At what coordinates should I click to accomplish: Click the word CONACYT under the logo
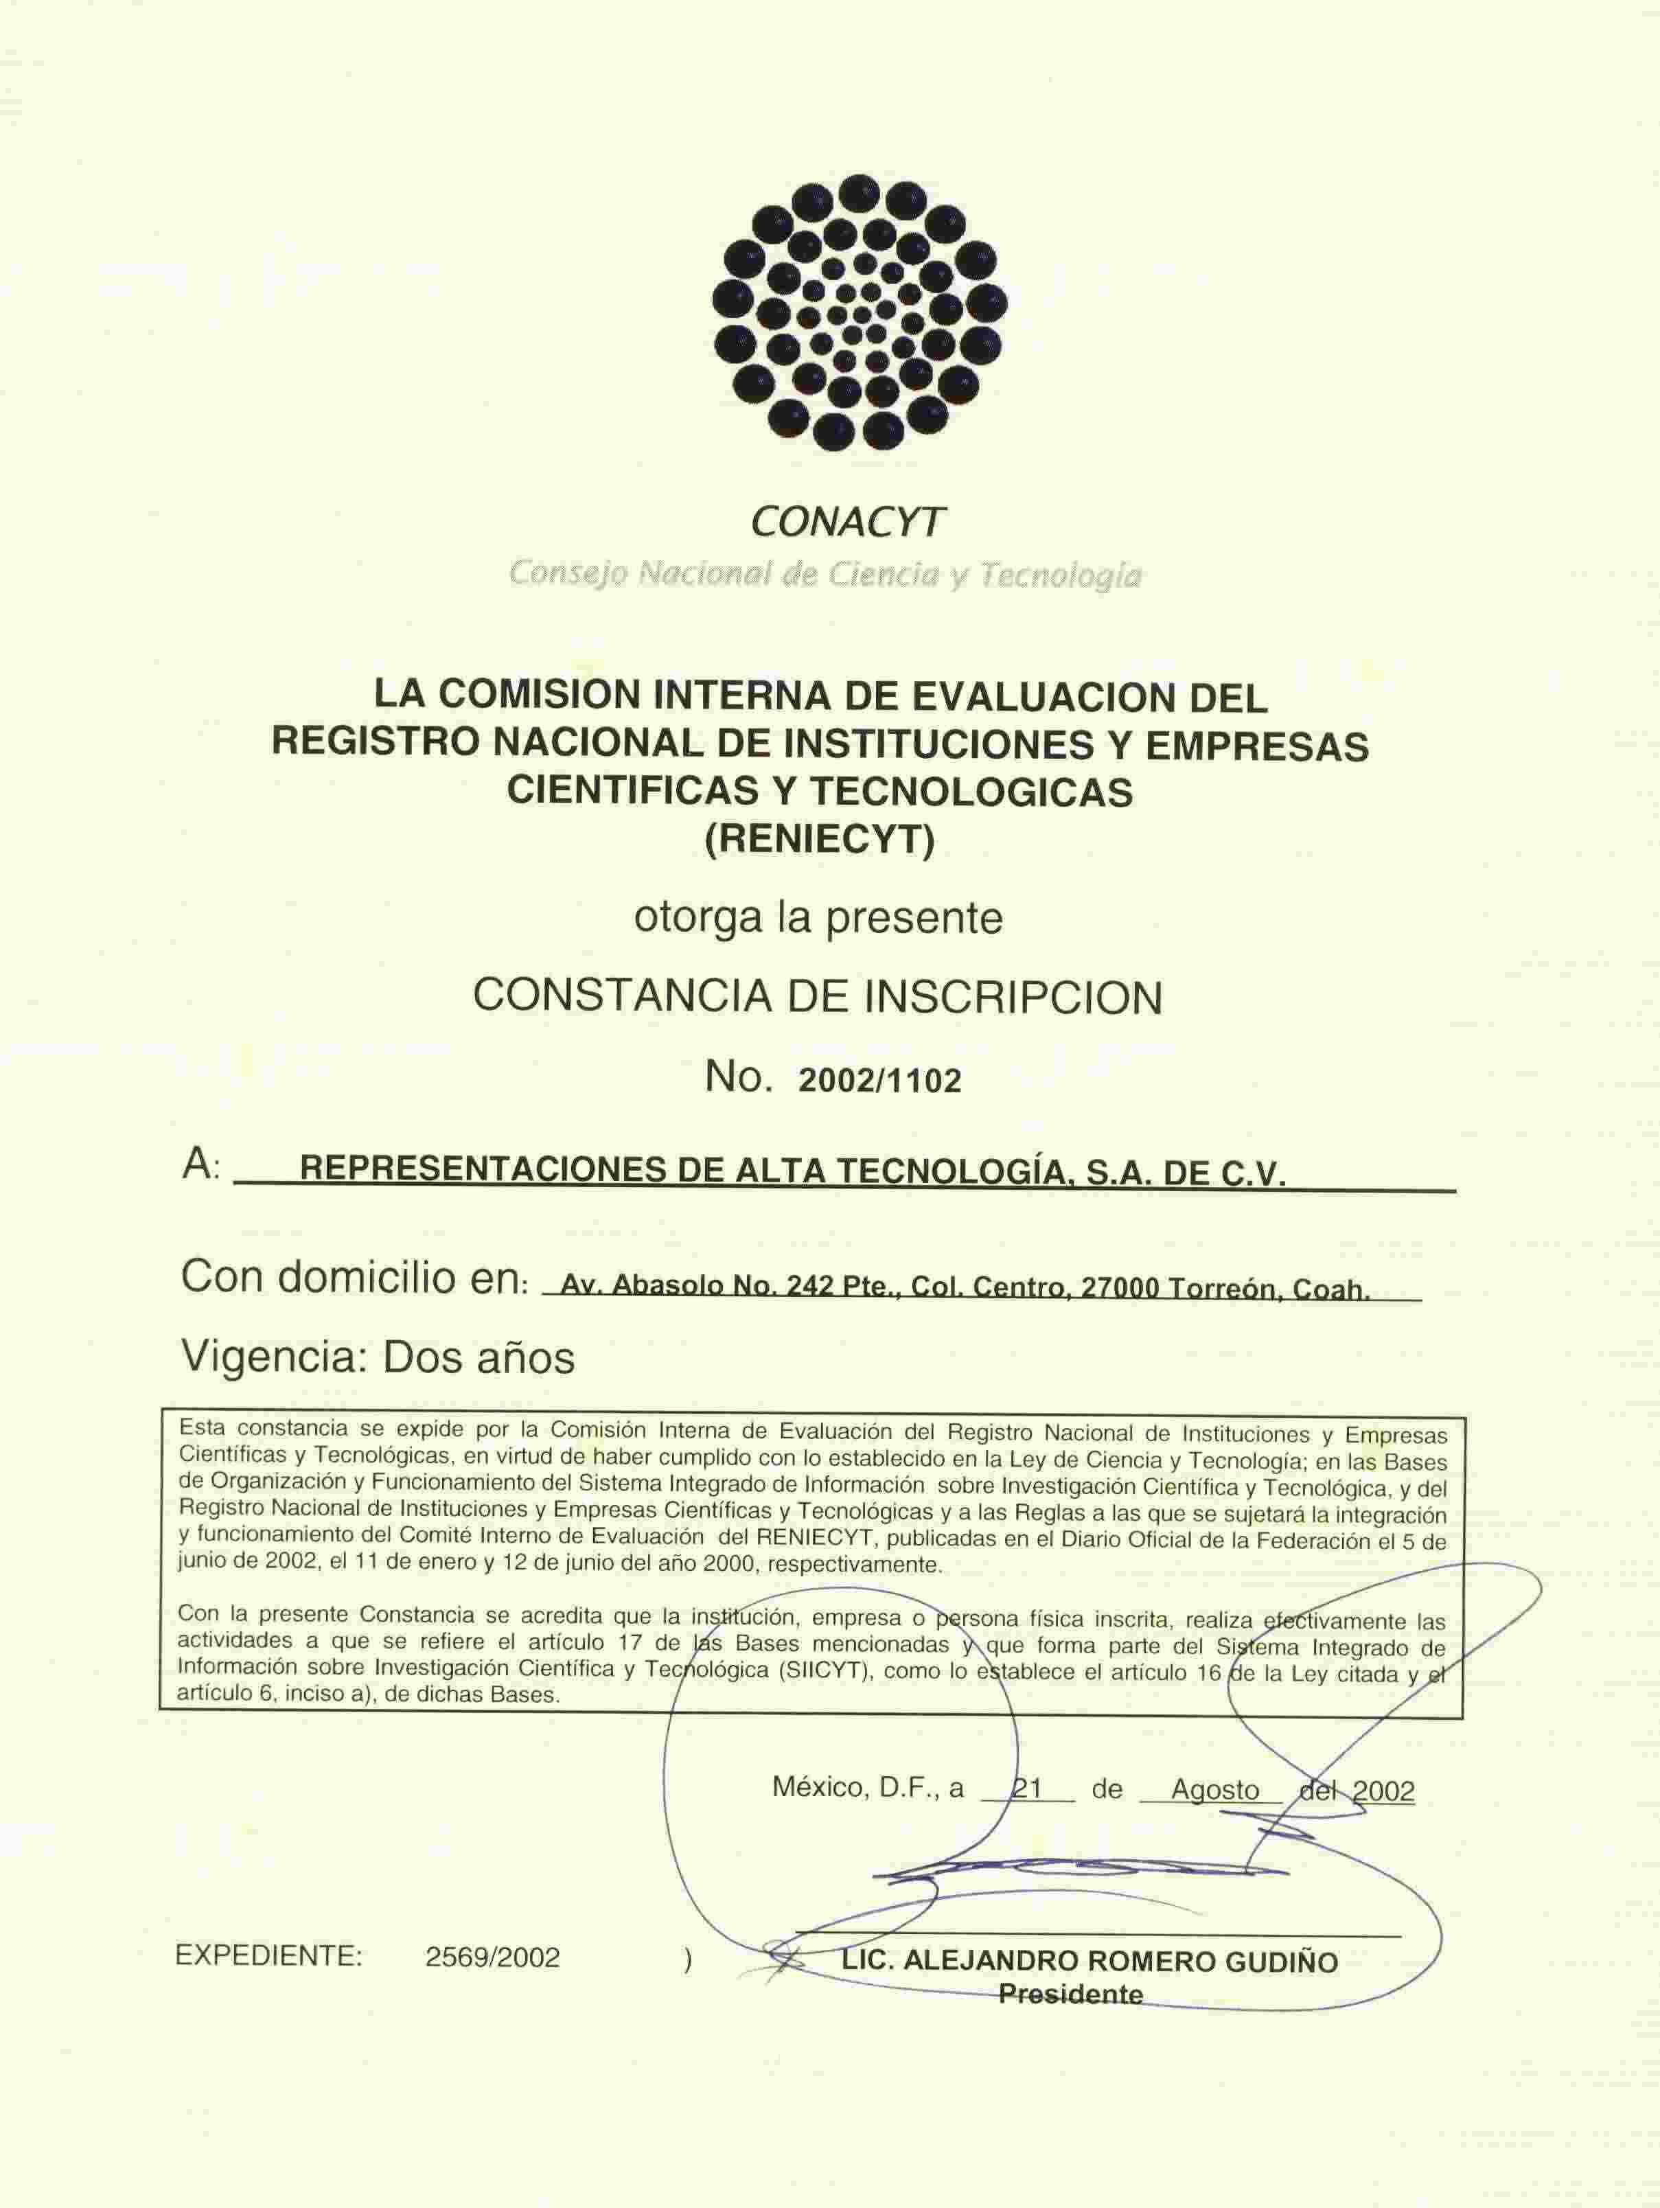pos(846,521)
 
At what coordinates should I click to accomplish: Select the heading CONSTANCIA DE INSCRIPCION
pos(818,997)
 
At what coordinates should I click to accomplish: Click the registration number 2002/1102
pos(879,1082)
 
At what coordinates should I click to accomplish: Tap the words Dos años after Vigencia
pos(479,1357)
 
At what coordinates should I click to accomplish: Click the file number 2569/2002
pos(492,1957)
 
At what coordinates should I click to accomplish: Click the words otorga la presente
pos(818,917)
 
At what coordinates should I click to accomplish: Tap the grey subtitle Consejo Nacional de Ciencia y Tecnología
pos(825,574)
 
